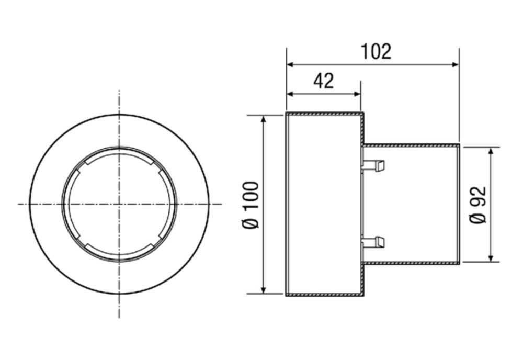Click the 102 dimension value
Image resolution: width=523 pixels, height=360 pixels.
pos(376,52)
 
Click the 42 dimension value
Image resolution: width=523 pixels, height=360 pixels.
pos(324,81)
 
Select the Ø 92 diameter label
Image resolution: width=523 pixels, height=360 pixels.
pos(478,205)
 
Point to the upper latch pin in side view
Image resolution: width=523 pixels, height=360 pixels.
pos(373,165)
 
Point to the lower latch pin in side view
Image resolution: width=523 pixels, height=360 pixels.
pos(373,242)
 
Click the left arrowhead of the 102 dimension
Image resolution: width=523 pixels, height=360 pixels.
pos(290,64)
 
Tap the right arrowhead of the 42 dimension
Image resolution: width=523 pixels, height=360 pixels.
pos(357,94)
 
